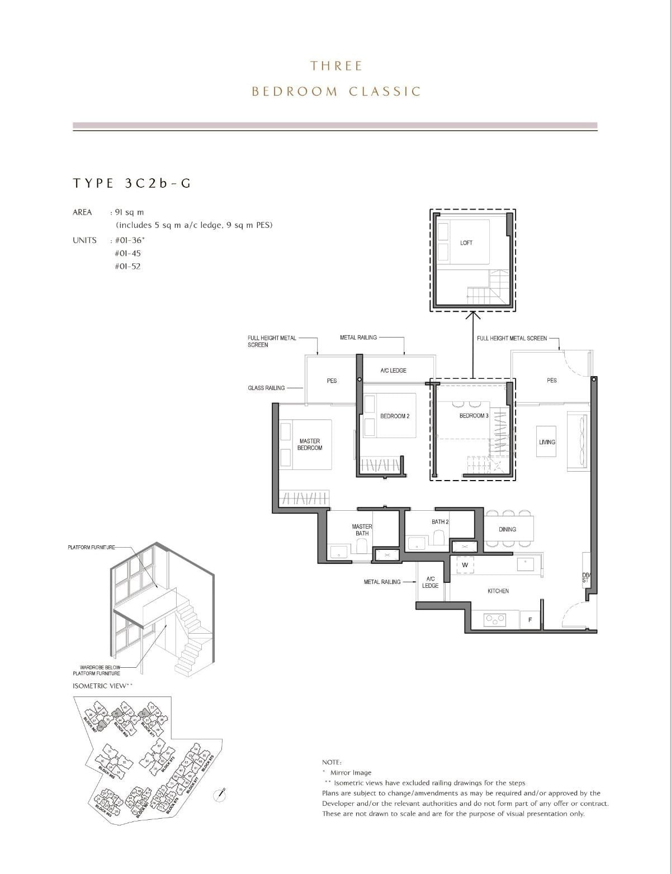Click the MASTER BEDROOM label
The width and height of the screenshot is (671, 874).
309,444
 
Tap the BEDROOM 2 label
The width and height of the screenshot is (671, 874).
395,416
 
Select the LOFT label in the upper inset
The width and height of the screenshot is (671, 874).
466,243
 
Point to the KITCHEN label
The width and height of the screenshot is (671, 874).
498,591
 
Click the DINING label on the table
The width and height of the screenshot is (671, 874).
507,529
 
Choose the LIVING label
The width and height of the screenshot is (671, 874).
547,442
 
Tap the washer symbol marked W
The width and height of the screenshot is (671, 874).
465,565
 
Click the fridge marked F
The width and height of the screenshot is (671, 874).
530,620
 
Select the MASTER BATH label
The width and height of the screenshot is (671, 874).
362,530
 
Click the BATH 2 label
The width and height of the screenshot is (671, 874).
440,522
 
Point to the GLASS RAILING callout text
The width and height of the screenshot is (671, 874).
266,388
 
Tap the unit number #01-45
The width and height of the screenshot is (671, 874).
127,253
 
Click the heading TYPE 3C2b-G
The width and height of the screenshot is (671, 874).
132,183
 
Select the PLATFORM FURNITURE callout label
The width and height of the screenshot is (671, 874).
91,547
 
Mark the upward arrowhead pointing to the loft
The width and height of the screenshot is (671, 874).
473,316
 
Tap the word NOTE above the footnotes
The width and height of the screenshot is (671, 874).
332,762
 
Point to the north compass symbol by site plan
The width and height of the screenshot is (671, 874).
223,792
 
